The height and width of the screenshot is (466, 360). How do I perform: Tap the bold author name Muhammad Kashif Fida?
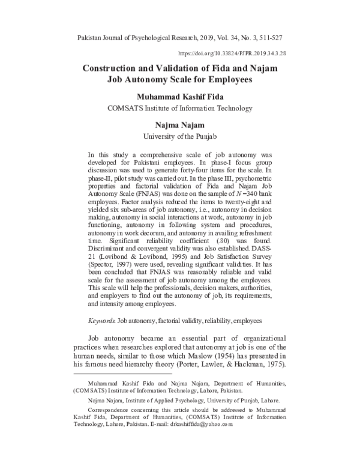[x=179, y=97]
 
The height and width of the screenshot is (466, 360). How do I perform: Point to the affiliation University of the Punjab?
[x=179, y=136]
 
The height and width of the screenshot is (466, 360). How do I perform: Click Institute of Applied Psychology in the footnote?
[x=163, y=399]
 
